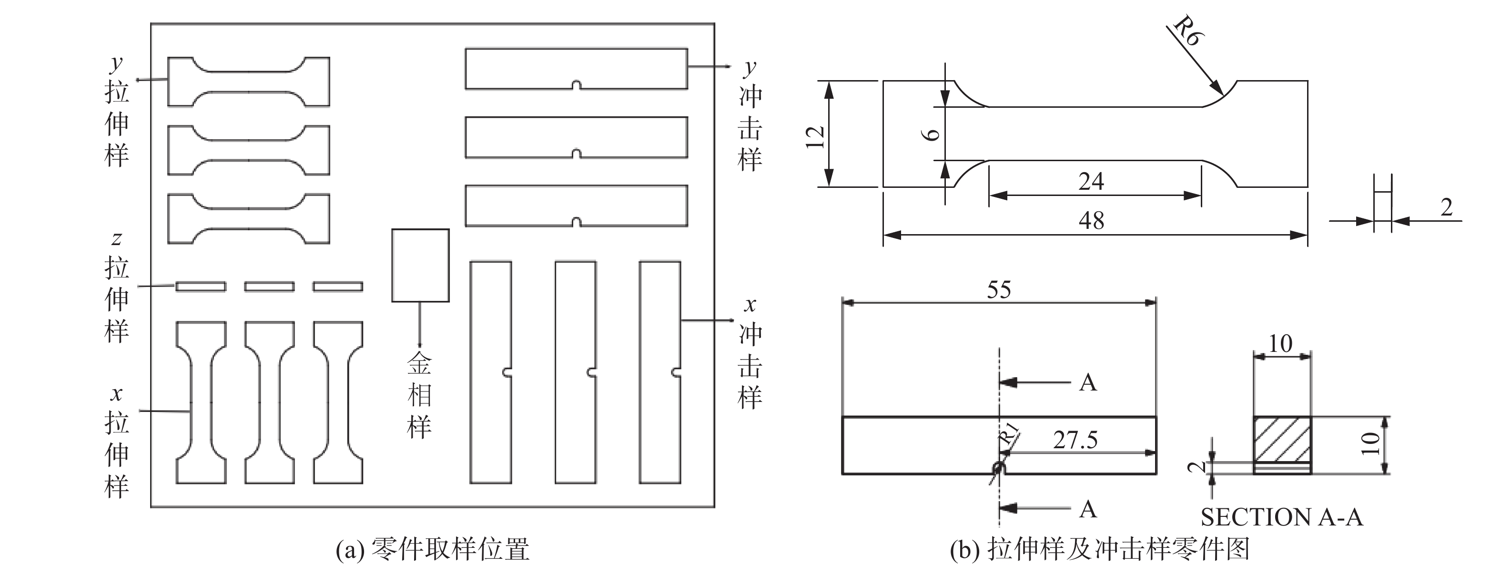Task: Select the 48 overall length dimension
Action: [1091, 221]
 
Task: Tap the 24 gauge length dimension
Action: [1091, 182]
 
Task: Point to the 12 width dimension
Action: [815, 137]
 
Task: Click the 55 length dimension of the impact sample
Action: [999, 290]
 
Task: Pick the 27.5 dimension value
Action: [1075, 440]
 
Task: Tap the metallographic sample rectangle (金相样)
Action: [420, 265]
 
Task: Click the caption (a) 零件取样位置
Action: [432, 550]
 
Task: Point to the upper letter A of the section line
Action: [1088, 383]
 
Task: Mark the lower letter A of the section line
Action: [1088, 509]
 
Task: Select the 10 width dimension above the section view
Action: [1280, 344]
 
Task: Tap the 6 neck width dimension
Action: [933, 134]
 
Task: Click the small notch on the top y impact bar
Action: [576, 85]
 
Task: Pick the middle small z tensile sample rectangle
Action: [269, 286]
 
